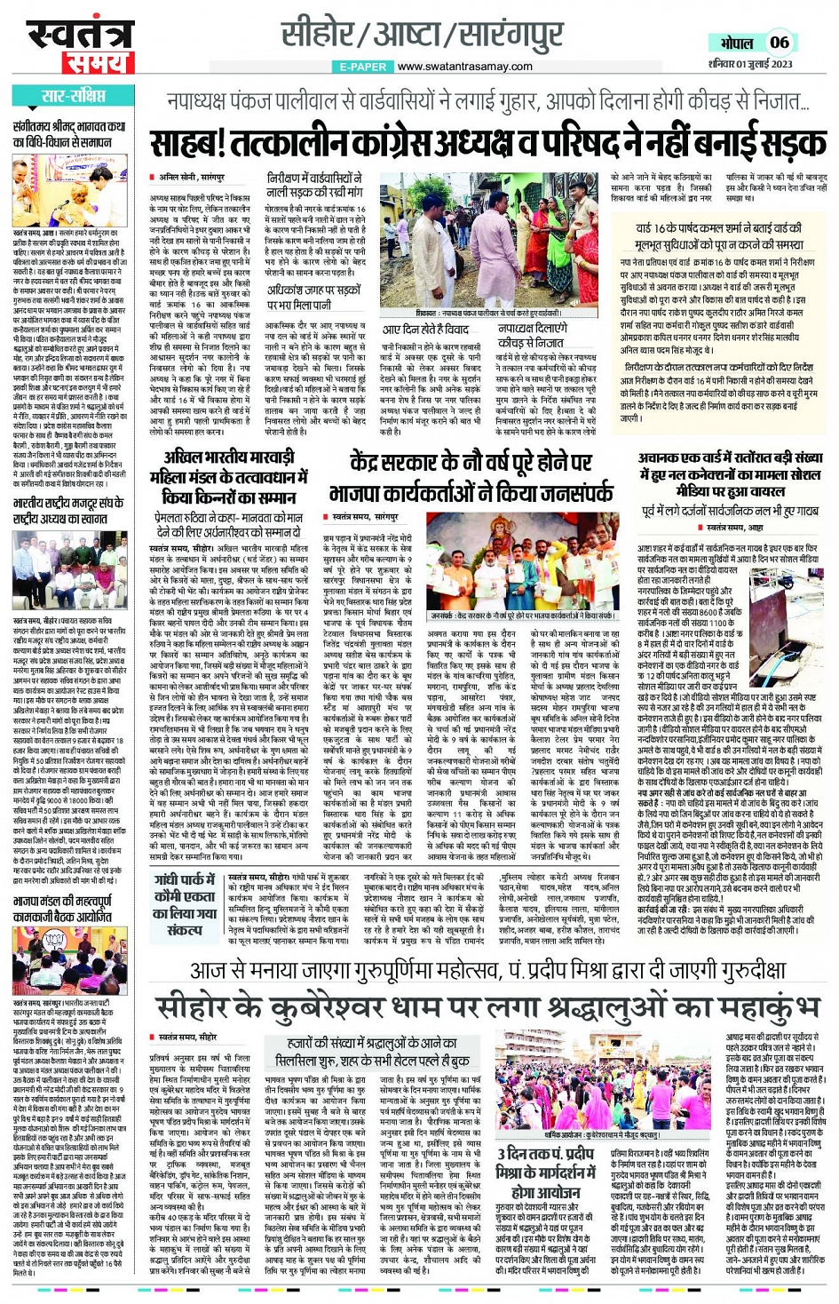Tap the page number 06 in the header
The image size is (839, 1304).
tap(779, 42)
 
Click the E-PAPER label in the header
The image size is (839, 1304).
tap(362, 67)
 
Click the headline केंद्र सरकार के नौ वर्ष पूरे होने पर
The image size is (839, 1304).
tap(471, 477)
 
